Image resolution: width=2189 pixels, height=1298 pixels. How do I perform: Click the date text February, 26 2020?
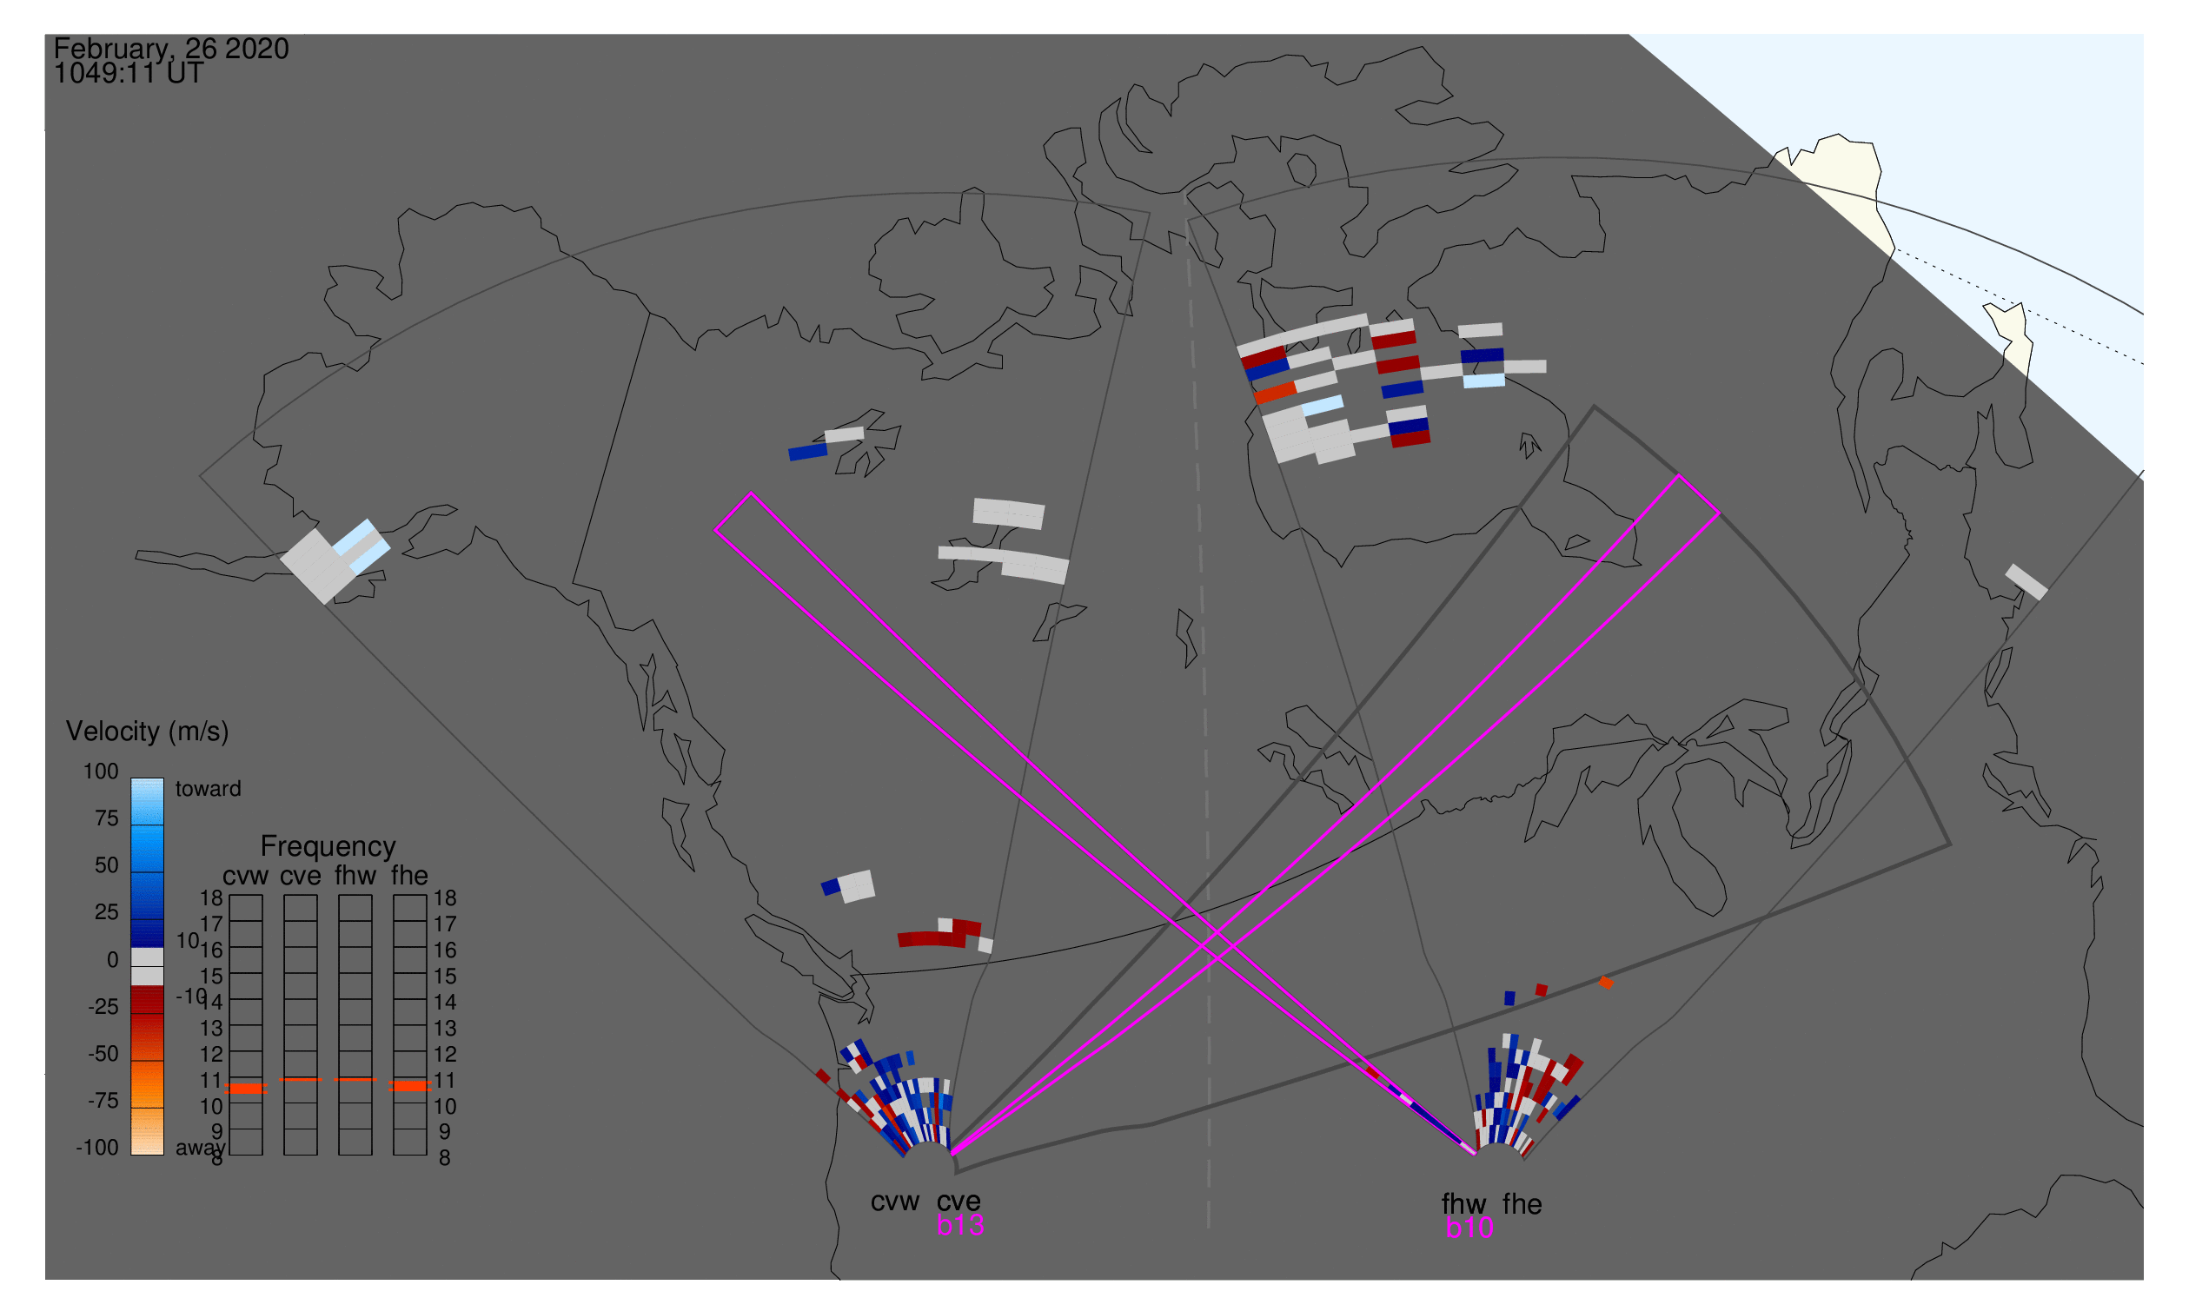pyautogui.click(x=170, y=49)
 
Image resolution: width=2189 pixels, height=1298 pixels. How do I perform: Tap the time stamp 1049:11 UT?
pyautogui.click(x=129, y=74)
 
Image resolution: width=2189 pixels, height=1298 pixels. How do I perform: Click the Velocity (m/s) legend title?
pyautogui.click(x=147, y=732)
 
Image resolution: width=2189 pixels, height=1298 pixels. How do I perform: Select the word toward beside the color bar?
pyautogui.click(x=208, y=789)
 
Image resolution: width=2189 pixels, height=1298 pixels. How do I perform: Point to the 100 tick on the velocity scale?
pyautogui.click(x=101, y=772)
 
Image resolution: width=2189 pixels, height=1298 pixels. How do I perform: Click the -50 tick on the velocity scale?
pyautogui.click(x=103, y=1054)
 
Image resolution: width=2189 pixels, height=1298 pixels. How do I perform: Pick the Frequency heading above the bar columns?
pyautogui.click(x=328, y=847)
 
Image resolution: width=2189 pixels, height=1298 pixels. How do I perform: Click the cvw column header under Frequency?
pyautogui.click(x=245, y=877)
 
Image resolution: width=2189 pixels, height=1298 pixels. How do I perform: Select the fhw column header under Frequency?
pyautogui.click(x=355, y=877)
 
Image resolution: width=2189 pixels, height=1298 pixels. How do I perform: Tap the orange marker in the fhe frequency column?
pyautogui.click(x=409, y=1085)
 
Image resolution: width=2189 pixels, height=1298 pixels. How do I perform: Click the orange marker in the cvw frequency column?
pyautogui.click(x=246, y=1088)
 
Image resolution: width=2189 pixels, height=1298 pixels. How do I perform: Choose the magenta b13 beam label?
pyautogui.click(x=959, y=1225)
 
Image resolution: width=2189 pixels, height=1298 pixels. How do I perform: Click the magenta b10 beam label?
pyautogui.click(x=1469, y=1228)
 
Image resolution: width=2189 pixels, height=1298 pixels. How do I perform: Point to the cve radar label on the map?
pyautogui.click(x=959, y=1202)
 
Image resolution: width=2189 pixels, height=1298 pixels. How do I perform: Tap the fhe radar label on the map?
pyautogui.click(x=1522, y=1204)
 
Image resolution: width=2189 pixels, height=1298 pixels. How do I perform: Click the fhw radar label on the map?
pyautogui.click(x=1463, y=1204)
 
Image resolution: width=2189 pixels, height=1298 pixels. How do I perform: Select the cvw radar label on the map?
pyautogui.click(x=894, y=1202)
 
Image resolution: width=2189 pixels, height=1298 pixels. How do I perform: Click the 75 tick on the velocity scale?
pyautogui.click(x=106, y=818)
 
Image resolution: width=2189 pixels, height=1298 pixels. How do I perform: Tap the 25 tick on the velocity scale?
pyautogui.click(x=106, y=912)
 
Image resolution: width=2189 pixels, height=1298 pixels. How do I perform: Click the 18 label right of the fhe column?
pyautogui.click(x=444, y=898)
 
